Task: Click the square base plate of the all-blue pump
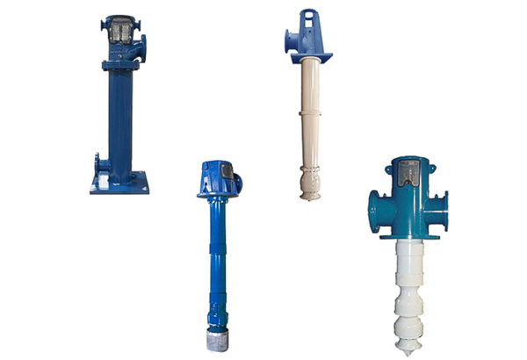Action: [119, 184]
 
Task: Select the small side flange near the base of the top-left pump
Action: [98, 163]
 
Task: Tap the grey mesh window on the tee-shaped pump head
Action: [408, 175]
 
